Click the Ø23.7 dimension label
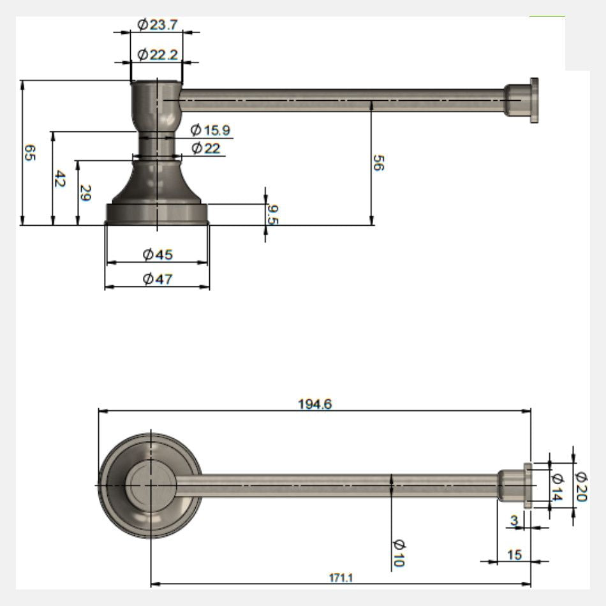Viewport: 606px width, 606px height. tap(158, 25)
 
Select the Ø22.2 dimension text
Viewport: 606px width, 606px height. tap(158, 55)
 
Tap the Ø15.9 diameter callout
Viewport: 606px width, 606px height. tap(211, 130)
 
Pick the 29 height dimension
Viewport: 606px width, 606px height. tap(85, 193)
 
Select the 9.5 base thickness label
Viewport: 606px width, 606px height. tap(273, 214)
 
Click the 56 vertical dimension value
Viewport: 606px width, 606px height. tap(378, 163)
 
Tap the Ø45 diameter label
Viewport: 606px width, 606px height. tap(158, 255)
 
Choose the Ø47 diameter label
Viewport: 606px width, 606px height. tap(158, 279)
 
